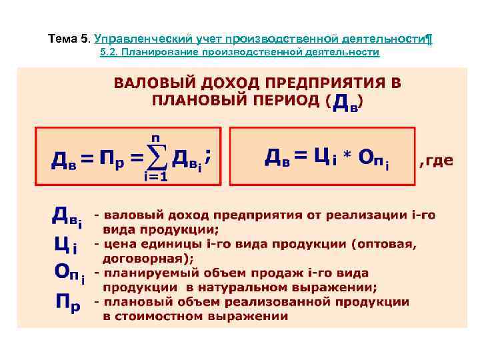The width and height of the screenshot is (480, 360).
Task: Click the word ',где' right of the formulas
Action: [436, 160]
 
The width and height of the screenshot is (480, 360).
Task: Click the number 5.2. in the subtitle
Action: [109, 52]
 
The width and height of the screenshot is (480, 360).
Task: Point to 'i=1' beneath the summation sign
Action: [155, 177]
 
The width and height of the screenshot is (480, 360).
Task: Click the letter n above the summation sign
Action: [156, 138]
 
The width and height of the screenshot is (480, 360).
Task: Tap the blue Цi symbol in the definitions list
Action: [65, 246]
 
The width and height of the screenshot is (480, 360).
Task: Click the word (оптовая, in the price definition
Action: [385, 244]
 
